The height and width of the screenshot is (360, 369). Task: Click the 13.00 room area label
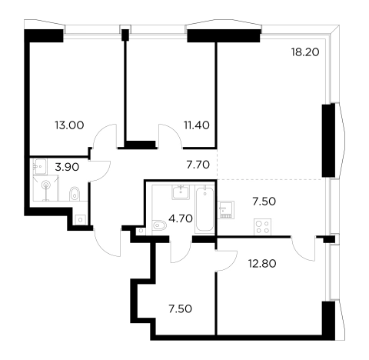click(69, 125)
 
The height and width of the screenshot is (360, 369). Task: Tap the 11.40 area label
click(197, 125)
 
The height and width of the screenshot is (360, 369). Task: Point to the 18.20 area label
click(305, 52)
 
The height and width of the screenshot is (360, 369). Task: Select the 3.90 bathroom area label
click(67, 167)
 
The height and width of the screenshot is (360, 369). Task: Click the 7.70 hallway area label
click(198, 165)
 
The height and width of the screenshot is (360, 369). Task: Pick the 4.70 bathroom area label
click(181, 218)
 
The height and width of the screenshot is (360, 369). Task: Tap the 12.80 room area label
click(262, 263)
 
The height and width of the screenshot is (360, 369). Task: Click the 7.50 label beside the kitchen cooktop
click(264, 202)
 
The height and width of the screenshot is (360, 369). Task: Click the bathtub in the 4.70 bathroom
click(204, 209)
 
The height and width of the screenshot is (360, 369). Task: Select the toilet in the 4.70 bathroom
click(159, 225)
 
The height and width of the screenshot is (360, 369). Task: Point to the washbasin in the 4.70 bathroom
click(181, 192)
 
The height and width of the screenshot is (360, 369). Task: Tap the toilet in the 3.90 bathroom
click(75, 194)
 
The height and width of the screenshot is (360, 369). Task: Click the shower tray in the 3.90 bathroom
click(46, 188)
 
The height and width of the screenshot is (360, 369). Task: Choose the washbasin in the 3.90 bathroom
click(39, 166)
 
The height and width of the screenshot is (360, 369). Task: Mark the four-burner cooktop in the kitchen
click(263, 227)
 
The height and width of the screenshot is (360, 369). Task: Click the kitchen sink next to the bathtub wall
click(226, 210)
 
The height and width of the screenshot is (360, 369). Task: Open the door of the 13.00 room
click(105, 136)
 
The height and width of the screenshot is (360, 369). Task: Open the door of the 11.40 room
click(171, 136)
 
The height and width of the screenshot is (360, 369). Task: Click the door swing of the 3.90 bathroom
click(99, 171)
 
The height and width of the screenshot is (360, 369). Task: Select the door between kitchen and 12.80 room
click(304, 248)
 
